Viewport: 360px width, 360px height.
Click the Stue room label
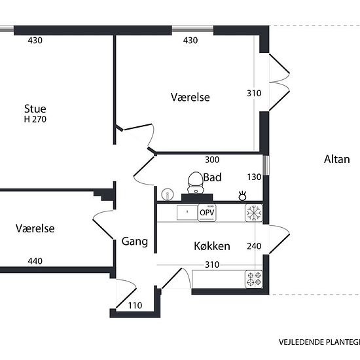point(35,109)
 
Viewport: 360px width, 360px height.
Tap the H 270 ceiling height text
point(35,119)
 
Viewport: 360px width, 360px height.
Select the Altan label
point(337,159)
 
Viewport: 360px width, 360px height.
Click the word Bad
point(212,177)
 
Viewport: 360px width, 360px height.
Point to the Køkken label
point(212,246)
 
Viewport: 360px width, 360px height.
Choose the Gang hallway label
point(135,242)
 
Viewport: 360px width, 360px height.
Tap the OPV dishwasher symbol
point(207,213)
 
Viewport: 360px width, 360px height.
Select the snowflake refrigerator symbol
point(254,213)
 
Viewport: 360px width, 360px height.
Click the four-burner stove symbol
point(254,279)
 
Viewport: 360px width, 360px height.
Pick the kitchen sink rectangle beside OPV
point(187,212)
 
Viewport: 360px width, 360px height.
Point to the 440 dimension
point(35,261)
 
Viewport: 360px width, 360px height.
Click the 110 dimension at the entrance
point(135,306)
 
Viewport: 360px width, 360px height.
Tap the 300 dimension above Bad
point(212,160)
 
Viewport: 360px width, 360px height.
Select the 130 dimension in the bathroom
point(254,177)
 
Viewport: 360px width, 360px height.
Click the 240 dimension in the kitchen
point(254,246)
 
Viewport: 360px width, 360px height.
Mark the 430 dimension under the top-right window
point(190,41)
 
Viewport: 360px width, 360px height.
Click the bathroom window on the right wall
point(266,166)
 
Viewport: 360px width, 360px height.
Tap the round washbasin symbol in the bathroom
point(168,195)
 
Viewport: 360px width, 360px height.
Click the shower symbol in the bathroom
point(242,196)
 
